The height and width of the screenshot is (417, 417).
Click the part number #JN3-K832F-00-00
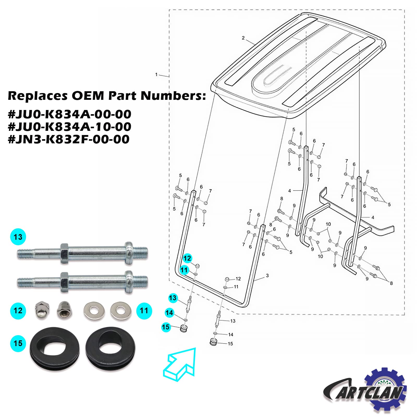(69, 139)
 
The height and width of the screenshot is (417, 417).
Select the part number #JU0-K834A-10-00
(70, 127)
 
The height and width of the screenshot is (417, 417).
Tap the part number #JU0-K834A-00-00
(70, 114)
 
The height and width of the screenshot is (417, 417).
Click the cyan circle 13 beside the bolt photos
(18, 237)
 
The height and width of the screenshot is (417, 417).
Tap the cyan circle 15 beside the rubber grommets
(18, 343)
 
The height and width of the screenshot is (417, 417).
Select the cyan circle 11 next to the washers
(144, 311)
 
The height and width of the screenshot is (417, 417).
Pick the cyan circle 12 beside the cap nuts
(18, 311)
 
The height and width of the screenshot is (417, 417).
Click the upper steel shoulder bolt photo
(83, 253)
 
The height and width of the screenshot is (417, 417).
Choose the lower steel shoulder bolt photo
(83, 282)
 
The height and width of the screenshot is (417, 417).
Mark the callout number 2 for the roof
(243, 38)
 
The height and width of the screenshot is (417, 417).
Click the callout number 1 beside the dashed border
(156, 75)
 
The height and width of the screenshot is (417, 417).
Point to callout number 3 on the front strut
(267, 275)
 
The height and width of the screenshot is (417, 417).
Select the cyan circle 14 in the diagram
(169, 312)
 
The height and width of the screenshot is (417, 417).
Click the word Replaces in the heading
(38, 96)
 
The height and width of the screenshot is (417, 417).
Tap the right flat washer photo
(120, 310)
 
